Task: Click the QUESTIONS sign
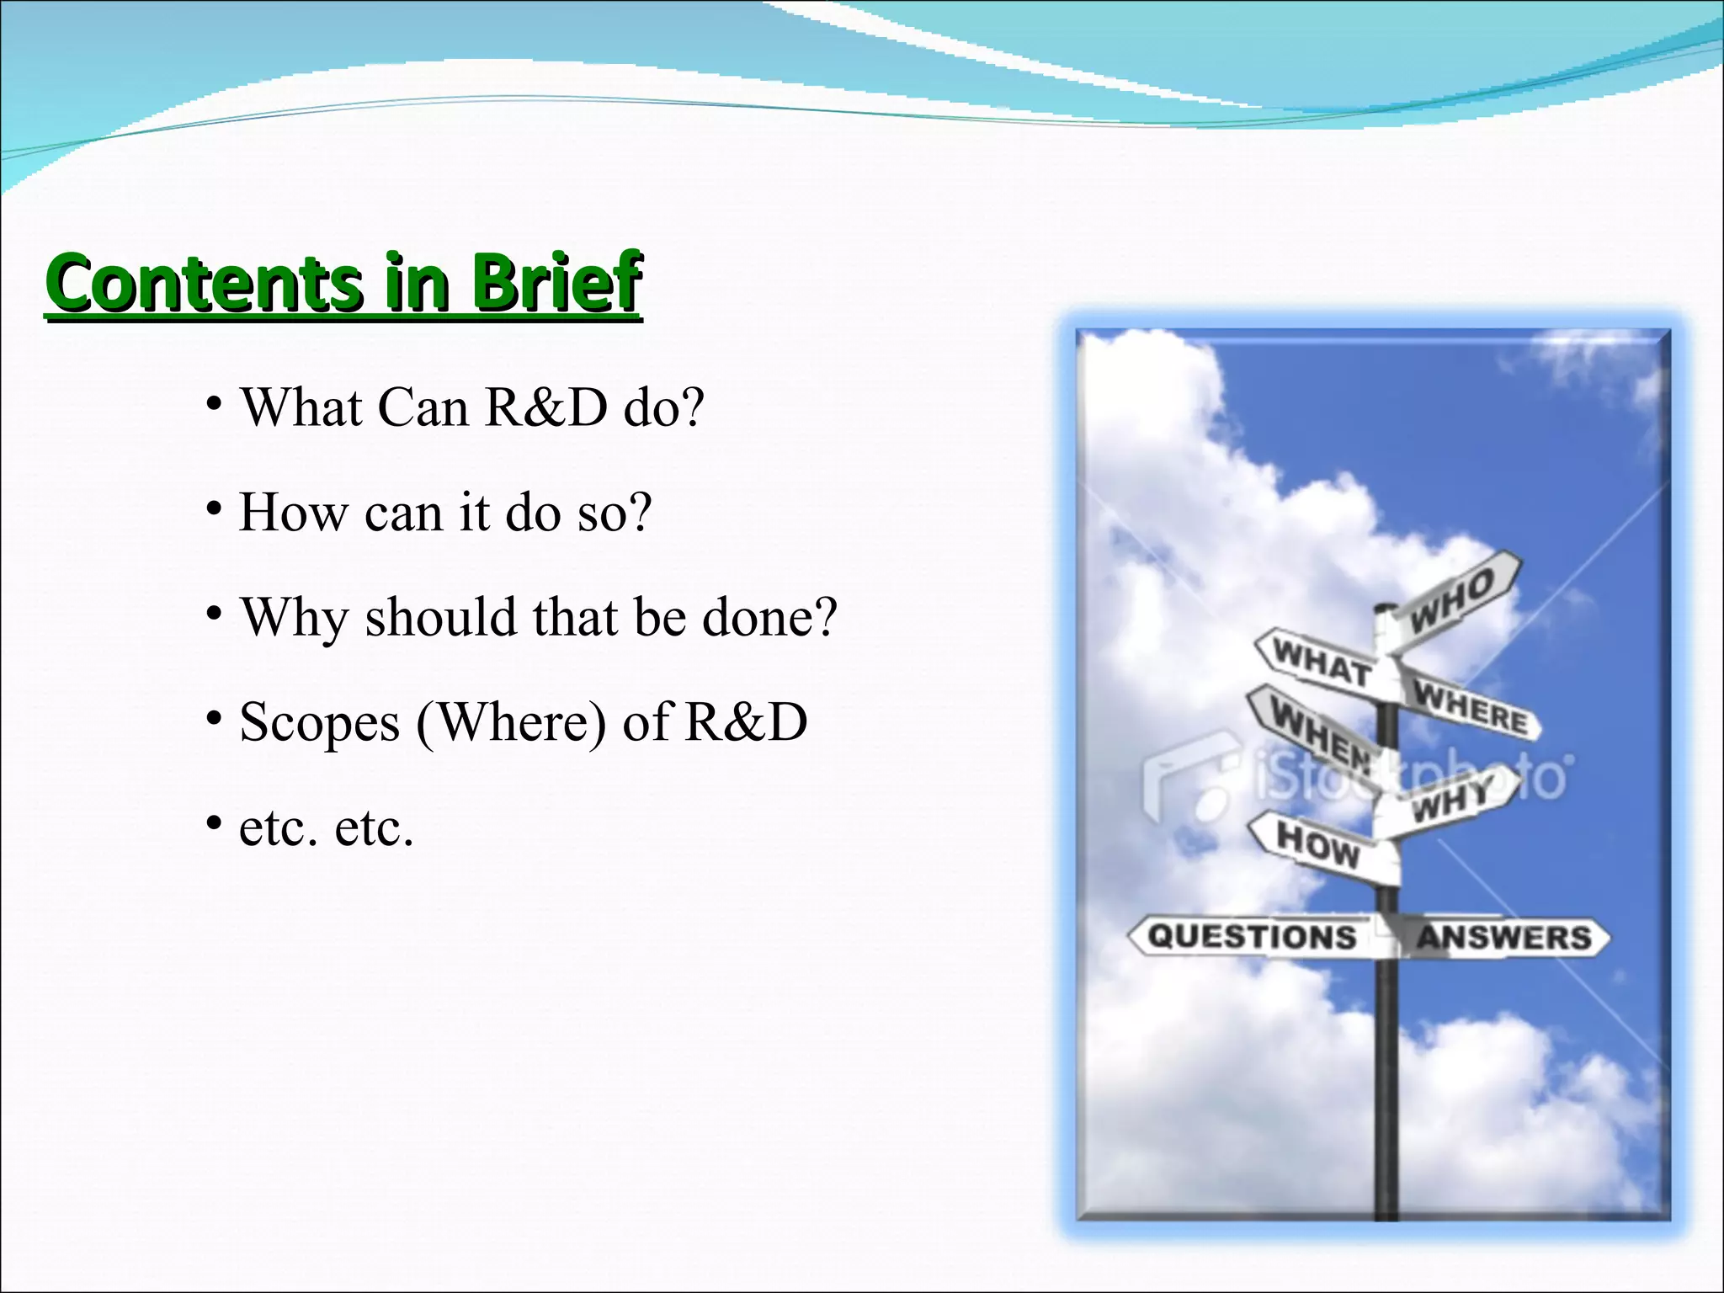pyautogui.click(x=1253, y=937)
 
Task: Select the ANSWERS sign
pyautogui.click(x=1503, y=938)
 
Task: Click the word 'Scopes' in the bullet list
pyautogui.click(x=320, y=723)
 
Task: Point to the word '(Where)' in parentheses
pyautogui.click(x=511, y=723)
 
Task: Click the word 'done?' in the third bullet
pyautogui.click(x=769, y=617)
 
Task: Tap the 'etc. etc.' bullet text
pyautogui.click(x=327, y=827)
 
